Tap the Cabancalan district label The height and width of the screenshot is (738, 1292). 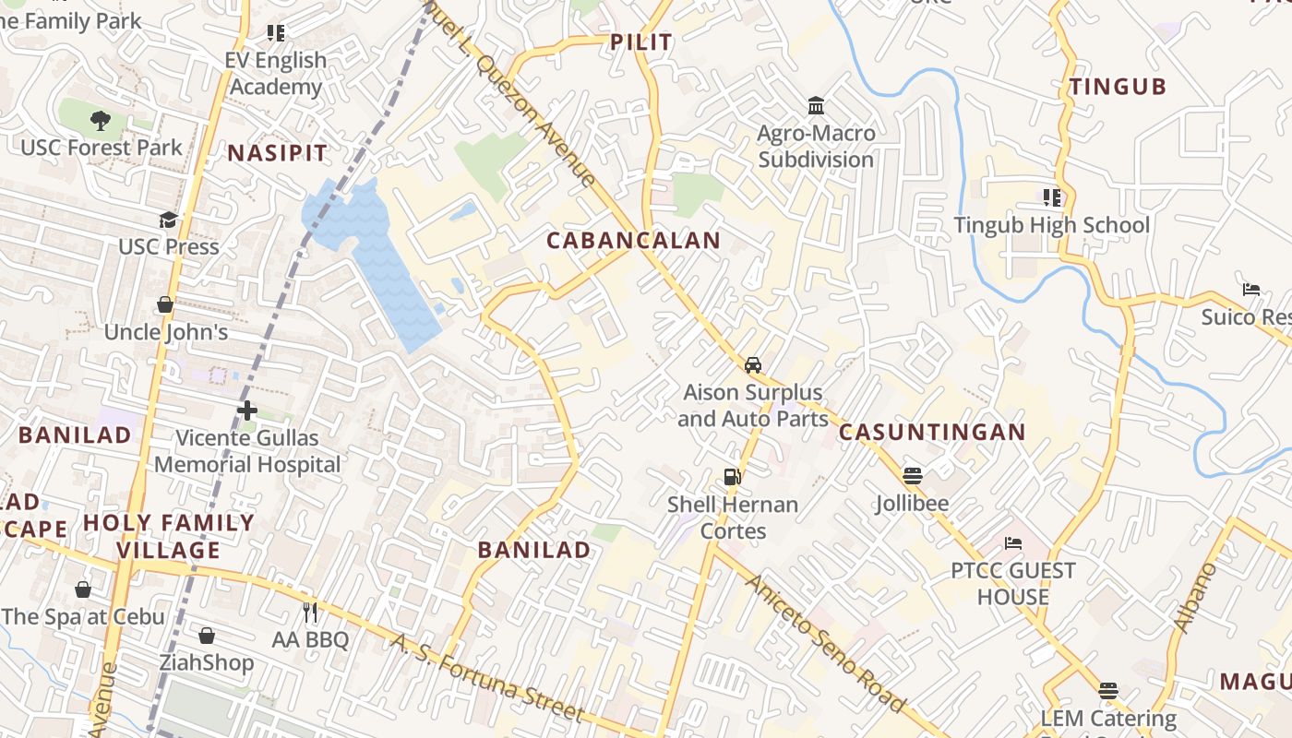(x=633, y=241)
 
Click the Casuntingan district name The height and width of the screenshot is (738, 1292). (x=932, y=432)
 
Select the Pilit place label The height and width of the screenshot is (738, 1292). (x=641, y=42)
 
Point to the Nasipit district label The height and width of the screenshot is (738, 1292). (x=277, y=153)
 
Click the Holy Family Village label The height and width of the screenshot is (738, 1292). (x=168, y=537)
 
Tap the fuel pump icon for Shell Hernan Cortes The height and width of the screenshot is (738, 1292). (x=732, y=477)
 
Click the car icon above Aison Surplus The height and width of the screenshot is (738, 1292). (x=753, y=364)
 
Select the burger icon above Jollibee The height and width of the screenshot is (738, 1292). (x=913, y=476)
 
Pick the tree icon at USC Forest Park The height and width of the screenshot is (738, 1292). (x=101, y=120)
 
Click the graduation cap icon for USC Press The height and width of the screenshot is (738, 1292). (x=168, y=220)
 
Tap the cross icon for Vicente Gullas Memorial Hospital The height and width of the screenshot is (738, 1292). (x=246, y=410)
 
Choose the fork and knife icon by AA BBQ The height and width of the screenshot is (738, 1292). (x=310, y=612)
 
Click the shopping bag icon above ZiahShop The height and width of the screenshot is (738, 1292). (x=207, y=636)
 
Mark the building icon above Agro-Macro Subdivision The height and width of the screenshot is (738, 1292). (x=816, y=106)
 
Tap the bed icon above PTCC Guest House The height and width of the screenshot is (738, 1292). (x=1013, y=543)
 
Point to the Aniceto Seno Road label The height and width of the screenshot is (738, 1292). (x=823, y=643)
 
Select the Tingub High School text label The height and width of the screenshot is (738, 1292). (x=1051, y=225)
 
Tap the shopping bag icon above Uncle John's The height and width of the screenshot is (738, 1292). (x=165, y=304)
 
